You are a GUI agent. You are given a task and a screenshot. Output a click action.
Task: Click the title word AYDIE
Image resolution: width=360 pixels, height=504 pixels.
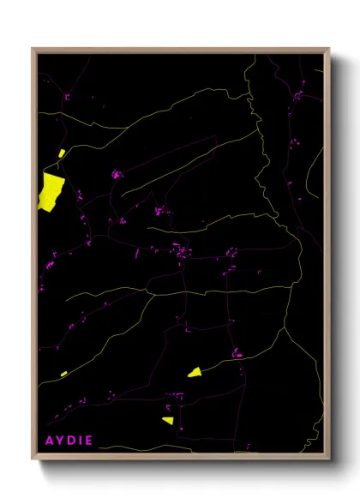[69, 441]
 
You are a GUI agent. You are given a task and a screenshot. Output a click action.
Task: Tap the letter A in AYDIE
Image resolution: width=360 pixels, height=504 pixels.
[49, 441]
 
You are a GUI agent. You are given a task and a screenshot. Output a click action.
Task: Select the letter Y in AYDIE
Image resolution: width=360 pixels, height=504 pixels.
[60, 441]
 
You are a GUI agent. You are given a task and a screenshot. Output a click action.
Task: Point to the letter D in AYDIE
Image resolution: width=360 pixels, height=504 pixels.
[71, 441]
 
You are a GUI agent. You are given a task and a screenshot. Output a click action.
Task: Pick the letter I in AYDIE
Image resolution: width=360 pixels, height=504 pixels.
[80, 441]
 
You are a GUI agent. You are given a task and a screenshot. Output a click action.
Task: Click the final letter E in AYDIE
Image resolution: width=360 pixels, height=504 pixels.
[88, 441]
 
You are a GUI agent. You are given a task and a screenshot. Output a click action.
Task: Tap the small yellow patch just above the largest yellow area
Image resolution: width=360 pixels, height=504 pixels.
[62, 154]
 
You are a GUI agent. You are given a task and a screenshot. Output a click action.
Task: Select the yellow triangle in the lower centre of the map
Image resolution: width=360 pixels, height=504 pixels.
[195, 372]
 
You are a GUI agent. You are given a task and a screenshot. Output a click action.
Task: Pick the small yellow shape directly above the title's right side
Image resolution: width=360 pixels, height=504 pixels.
[168, 420]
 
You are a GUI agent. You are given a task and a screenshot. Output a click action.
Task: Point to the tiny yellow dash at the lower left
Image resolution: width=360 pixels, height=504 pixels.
[63, 374]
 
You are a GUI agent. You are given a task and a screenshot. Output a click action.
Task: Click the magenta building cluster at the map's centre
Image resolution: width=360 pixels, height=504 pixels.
[180, 251]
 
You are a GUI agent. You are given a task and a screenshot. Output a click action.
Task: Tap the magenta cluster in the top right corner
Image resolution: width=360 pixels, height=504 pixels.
[297, 96]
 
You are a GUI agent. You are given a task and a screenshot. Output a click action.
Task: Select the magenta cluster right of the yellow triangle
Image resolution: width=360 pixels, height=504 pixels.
[237, 352]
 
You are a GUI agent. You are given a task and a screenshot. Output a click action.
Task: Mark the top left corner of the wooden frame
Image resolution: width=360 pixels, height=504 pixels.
[33, 48]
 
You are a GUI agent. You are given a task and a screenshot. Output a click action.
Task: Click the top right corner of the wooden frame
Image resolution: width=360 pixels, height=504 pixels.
[329, 48]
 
